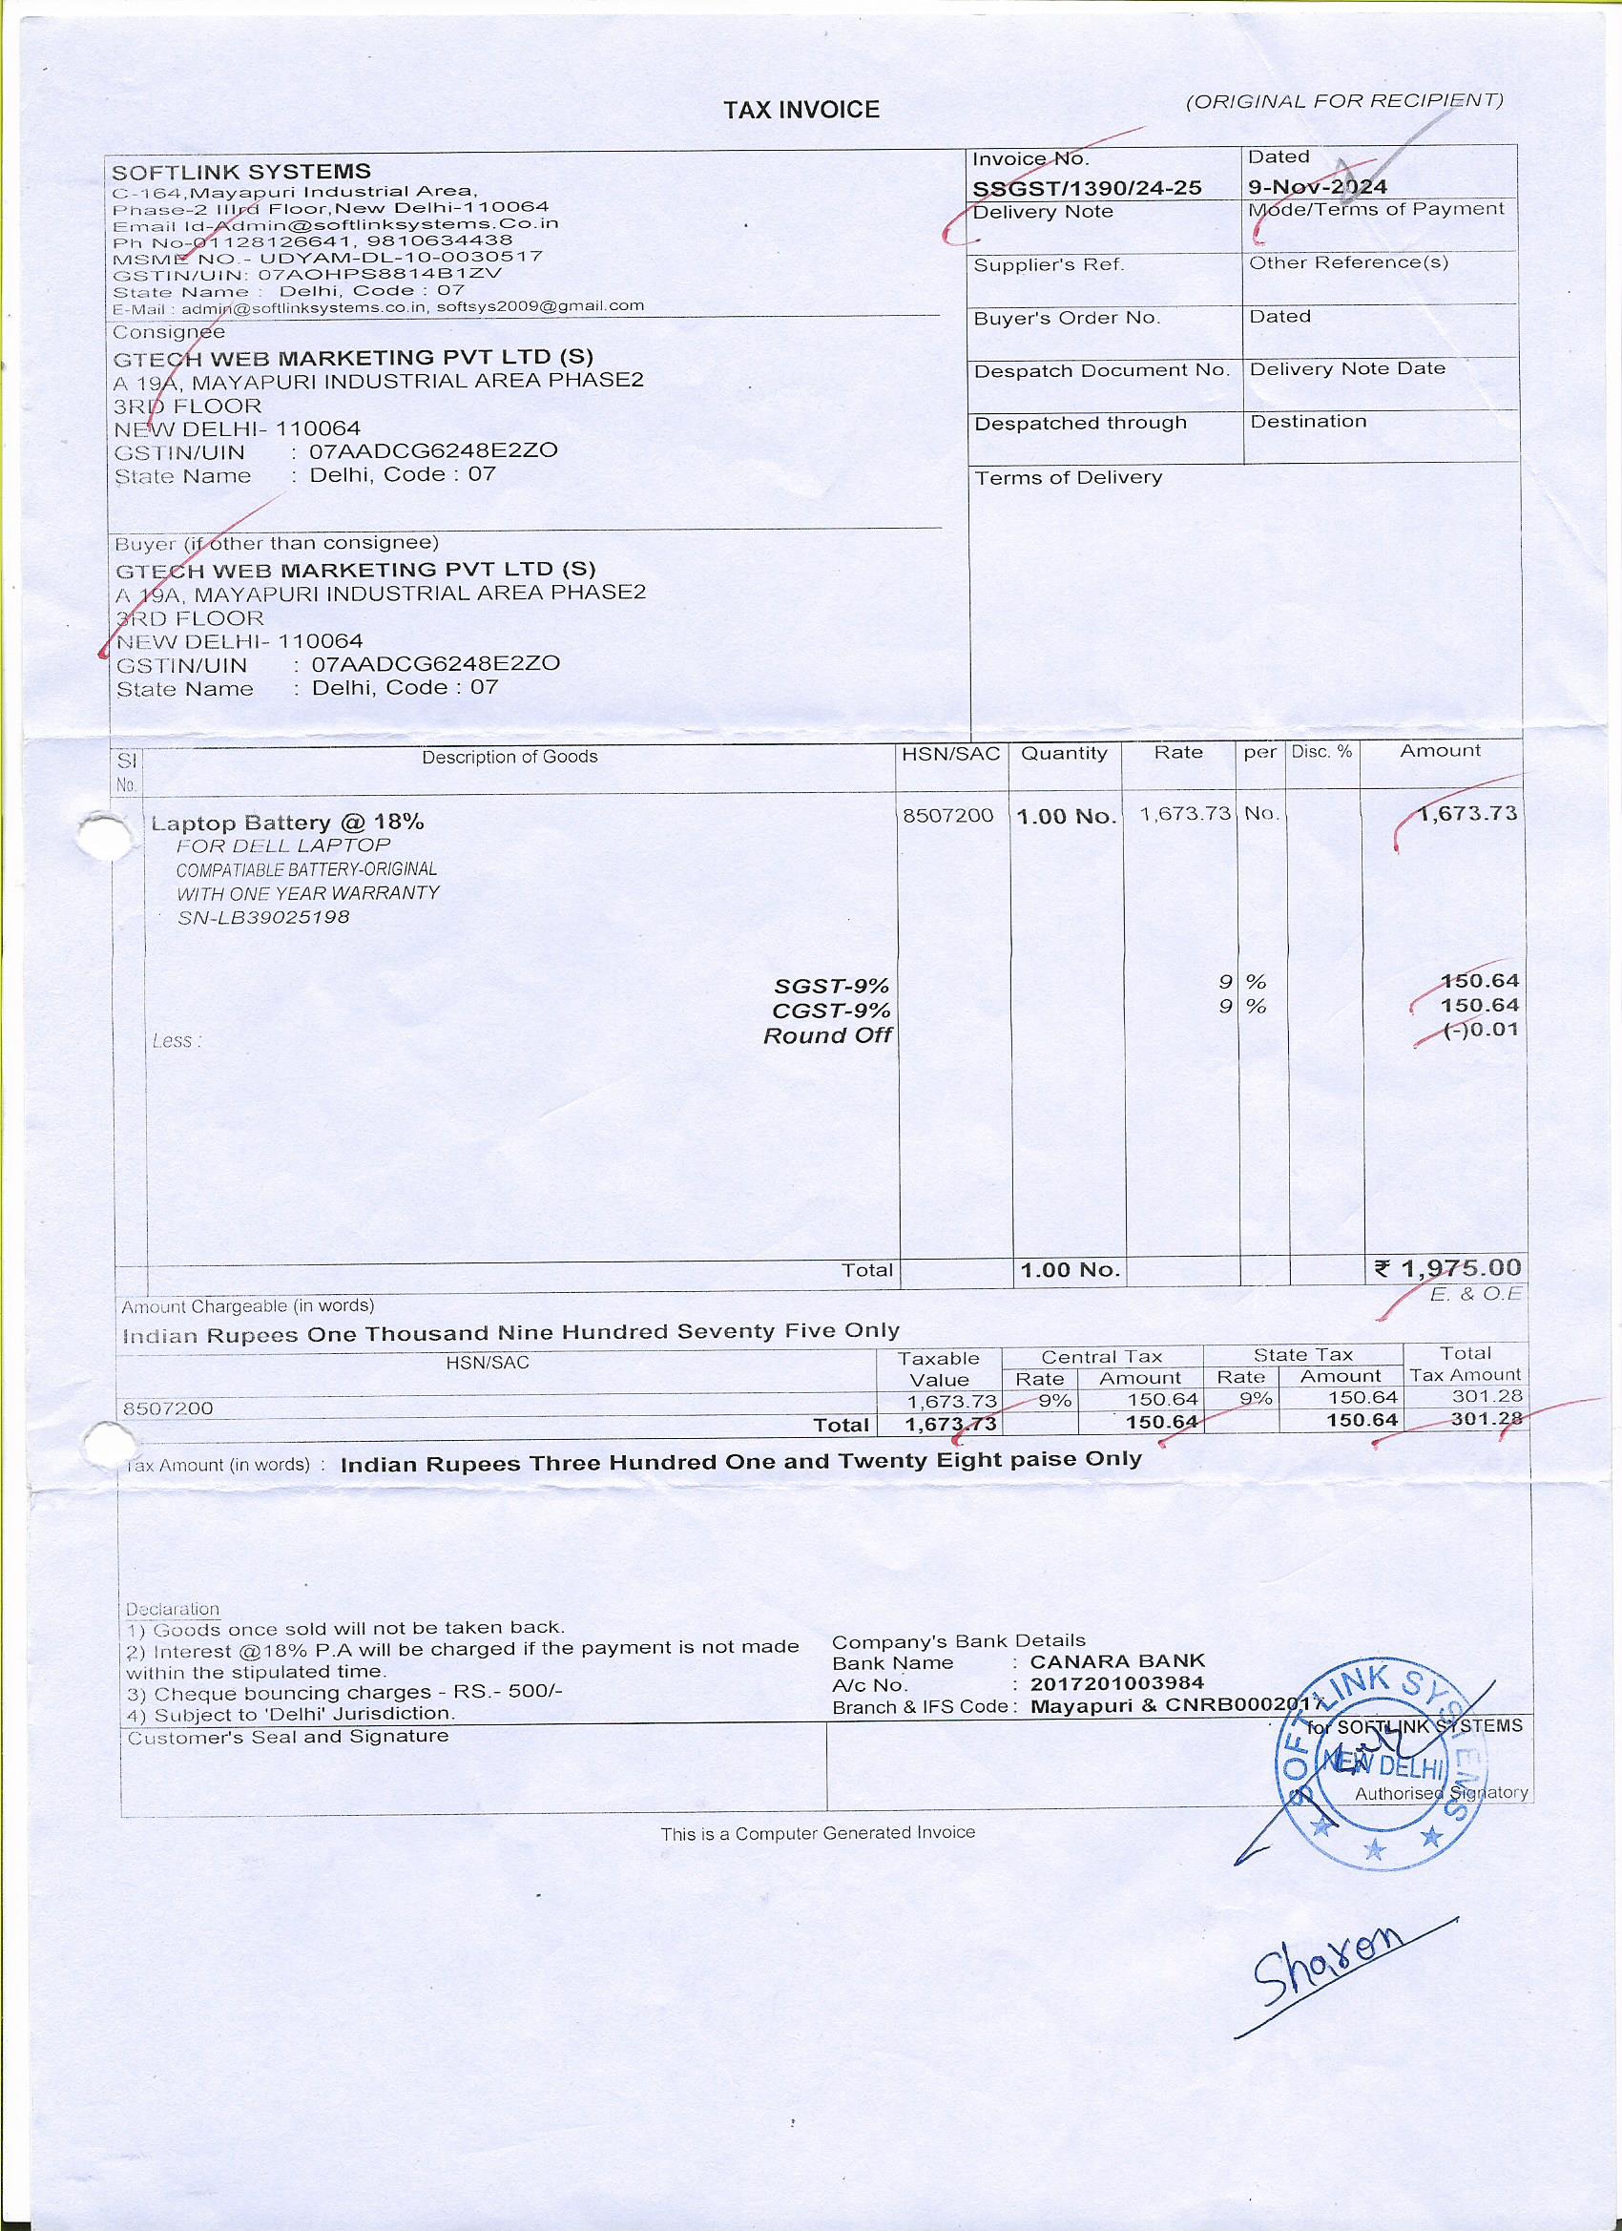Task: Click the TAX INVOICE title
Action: (801, 109)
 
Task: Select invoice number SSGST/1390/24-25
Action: (1086, 188)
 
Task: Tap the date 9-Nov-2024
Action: (1317, 187)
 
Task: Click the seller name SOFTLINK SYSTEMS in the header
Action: (241, 172)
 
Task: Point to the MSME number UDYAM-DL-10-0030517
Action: (402, 258)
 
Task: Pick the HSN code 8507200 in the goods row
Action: (947, 816)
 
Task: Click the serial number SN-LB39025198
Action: (262, 918)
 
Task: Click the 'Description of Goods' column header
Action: (509, 757)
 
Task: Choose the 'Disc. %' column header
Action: (1321, 752)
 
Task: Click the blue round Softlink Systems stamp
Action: (1377, 1765)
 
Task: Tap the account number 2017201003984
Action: (1116, 1684)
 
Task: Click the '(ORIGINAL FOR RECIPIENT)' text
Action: (1343, 100)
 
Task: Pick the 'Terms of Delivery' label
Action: (1068, 478)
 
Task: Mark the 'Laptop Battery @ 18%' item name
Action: (287, 823)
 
